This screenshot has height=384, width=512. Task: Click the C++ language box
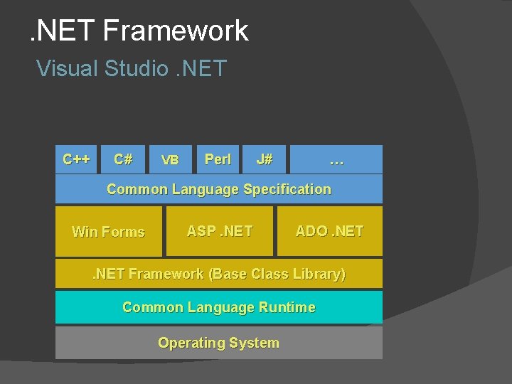[x=76, y=159]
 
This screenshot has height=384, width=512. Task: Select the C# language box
[x=123, y=159]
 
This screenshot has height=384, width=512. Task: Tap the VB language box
[x=171, y=159]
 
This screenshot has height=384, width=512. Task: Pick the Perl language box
[x=218, y=159]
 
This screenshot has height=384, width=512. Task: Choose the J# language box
[x=265, y=159]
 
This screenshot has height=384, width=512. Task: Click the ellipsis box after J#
[x=336, y=159]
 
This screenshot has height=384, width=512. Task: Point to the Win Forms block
[x=108, y=232]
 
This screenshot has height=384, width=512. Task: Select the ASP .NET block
[x=219, y=231]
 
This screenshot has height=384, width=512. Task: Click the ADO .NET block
[x=329, y=231]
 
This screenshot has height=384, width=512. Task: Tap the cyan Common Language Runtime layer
[x=219, y=307]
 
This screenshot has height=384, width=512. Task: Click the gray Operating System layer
[x=219, y=343]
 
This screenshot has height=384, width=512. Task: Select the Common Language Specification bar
[x=219, y=189]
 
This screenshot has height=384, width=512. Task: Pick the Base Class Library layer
[x=219, y=274]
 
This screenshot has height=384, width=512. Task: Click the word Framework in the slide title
[x=175, y=31]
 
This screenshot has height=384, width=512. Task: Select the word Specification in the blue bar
[x=287, y=189]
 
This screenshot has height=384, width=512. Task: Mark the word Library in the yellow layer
[x=316, y=274]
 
